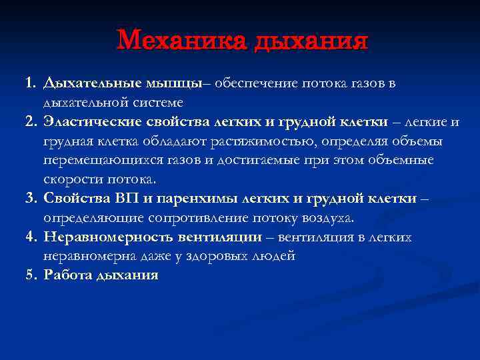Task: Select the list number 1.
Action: [30, 83]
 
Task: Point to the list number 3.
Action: [30, 199]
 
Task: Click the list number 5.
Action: [30, 275]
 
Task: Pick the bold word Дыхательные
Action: [91, 83]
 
